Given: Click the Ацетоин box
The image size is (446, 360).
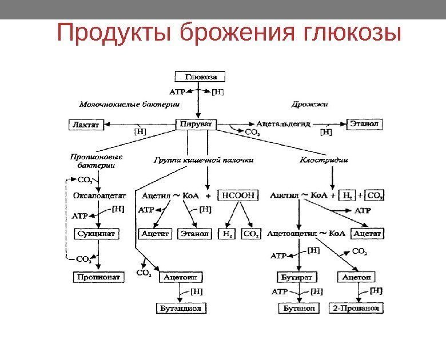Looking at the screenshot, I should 181,277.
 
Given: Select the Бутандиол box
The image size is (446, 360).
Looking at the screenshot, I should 181,309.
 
